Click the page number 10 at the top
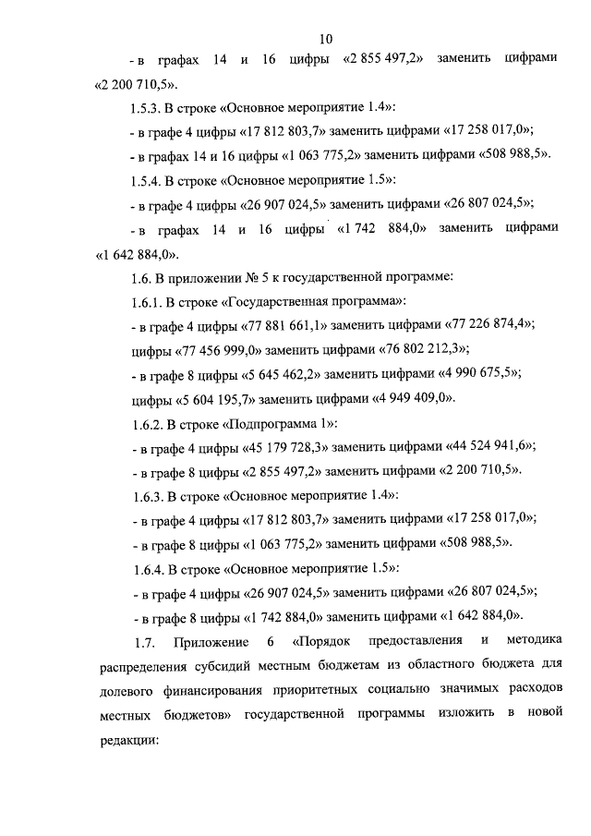[x=325, y=38]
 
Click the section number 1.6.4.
[x=149, y=567]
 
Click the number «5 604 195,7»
[x=212, y=398]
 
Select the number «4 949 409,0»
[x=410, y=398]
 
